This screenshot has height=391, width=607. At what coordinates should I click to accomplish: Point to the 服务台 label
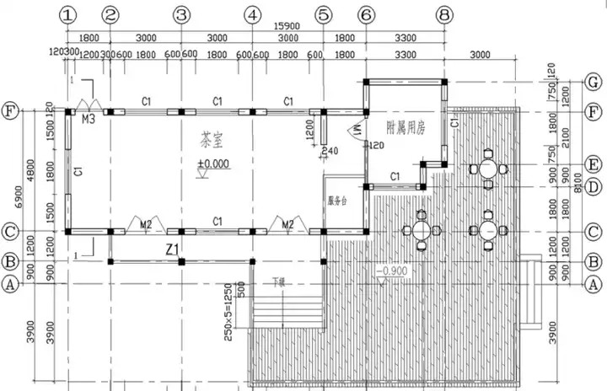pos(339,201)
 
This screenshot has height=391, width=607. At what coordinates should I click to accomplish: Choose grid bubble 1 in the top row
pos(68,14)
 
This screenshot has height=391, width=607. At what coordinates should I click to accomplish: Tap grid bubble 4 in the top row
pos(251,14)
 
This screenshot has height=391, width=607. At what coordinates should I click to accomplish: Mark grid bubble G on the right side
pos(594,82)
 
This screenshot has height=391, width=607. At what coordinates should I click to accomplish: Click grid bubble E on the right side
pos(594,164)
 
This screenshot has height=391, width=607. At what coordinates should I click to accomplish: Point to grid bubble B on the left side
pos(11,261)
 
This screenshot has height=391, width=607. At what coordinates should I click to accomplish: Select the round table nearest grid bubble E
pos(487,168)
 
